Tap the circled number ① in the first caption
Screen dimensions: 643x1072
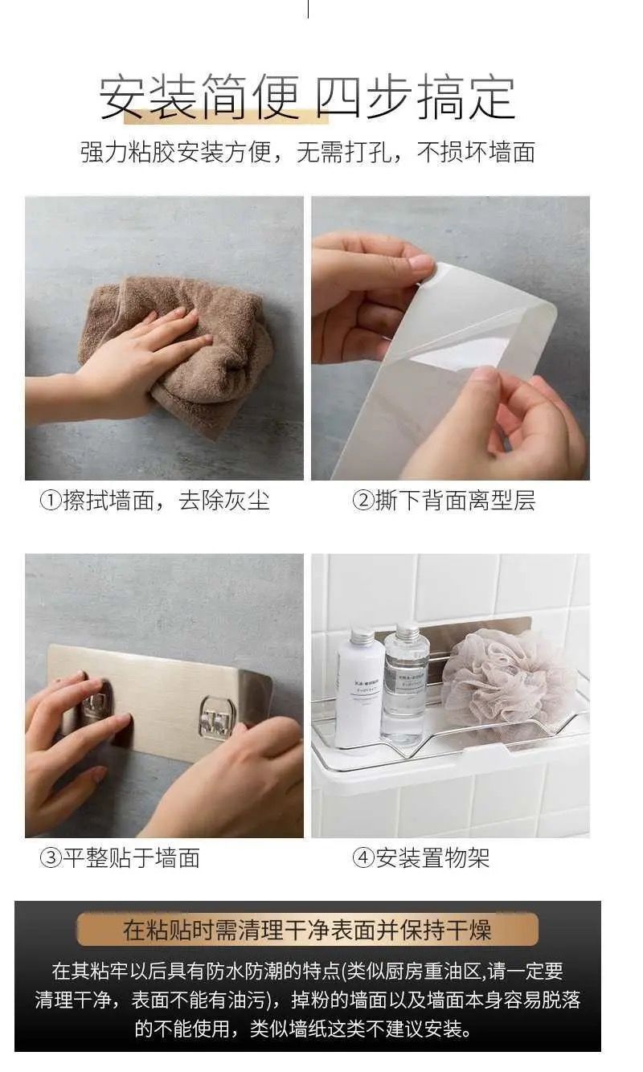coord(51,501)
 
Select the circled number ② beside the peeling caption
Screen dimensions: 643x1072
coord(363,501)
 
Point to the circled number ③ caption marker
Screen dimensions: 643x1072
coord(51,857)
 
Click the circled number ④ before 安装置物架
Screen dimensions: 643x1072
coord(363,857)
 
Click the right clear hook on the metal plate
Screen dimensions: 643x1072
coord(219,716)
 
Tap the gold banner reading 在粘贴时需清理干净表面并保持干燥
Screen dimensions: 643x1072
coord(307,929)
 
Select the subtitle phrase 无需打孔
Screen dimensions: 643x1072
coord(343,153)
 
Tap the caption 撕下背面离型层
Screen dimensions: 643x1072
coord(455,501)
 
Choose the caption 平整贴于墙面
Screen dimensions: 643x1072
coord(131,857)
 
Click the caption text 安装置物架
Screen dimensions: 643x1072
coord(432,857)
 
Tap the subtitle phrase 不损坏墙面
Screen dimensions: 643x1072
coord(476,153)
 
